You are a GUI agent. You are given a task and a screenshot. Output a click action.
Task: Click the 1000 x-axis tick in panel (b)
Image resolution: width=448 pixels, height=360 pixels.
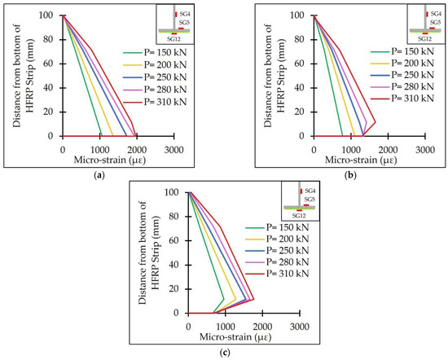(x=350, y=148)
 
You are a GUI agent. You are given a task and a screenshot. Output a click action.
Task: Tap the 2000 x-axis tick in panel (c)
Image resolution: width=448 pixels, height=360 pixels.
(x=262, y=325)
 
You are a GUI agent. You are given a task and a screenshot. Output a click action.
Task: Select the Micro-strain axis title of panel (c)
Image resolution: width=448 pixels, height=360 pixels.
(x=244, y=336)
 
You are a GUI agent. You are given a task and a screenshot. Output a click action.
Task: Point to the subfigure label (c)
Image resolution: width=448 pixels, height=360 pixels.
(x=224, y=352)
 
